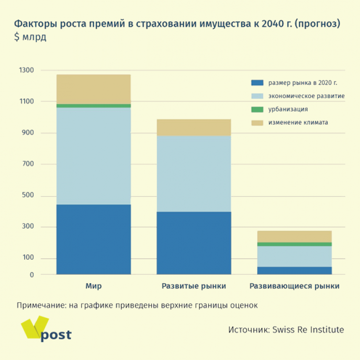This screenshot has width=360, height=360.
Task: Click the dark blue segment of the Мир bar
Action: point(93,239)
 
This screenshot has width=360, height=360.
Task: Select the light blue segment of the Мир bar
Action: point(93,156)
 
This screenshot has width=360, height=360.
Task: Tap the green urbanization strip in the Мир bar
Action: point(93,106)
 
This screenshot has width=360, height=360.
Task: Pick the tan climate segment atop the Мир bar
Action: point(93,89)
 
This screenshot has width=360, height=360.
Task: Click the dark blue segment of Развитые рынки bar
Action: point(194,243)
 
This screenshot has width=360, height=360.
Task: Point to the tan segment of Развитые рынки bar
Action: point(194,127)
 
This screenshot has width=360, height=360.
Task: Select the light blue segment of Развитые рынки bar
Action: point(194,173)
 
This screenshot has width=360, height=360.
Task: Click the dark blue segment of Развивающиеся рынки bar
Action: point(294,270)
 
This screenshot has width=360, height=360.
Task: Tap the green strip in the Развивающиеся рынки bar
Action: point(294,244)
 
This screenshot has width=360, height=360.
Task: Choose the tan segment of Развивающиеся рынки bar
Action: point(294,236)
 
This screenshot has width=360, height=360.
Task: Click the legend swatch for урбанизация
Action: point(257,109)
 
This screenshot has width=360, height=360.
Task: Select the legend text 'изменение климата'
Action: point(298,123)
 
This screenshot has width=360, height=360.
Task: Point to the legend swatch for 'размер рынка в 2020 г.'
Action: point(257,83)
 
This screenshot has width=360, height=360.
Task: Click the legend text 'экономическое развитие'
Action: point(306,96)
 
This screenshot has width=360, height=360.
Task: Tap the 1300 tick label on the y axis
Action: point(27,70)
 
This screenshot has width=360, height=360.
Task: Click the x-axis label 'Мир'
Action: point(93,286)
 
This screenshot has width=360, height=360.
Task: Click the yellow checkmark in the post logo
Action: point(33,327)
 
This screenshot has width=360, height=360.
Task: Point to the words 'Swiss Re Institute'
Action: point(308,330)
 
